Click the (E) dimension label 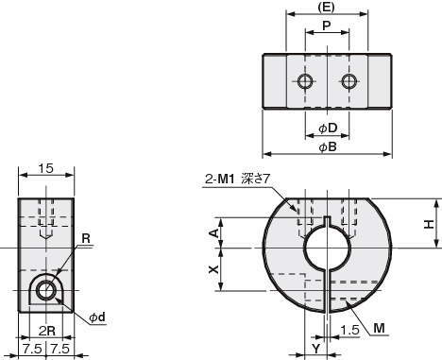coord(326,8)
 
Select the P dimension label coord(327,26)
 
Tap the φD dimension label coord(328,129)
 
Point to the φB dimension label coord(328,146)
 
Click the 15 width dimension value coord(45,168)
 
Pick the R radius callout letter coord(86,238)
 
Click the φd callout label coord(97,317)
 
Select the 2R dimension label coord(47,331)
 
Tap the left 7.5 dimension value coord(32,349)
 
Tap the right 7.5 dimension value coord(59,349)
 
